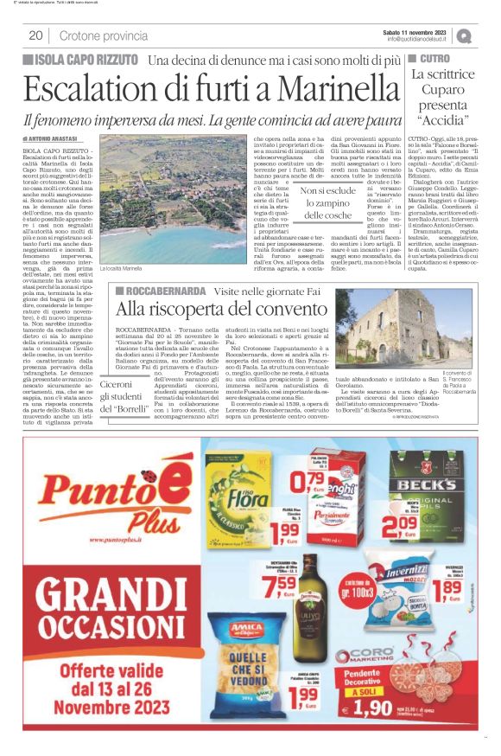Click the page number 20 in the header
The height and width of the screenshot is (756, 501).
click(x=35, y=35)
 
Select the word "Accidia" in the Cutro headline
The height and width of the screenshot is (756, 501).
click(x=441, y=120)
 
